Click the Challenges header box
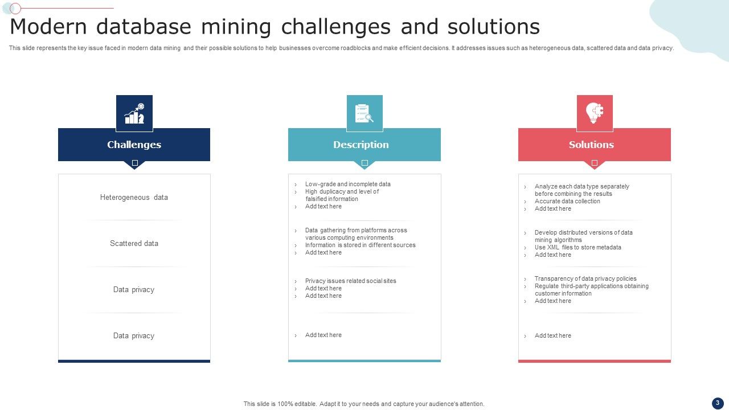(x=134, y=145)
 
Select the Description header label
(x=361, y=145)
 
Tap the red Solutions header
(x=591, y=145)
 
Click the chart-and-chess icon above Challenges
(x=134, y=113)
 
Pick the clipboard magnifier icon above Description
(x=364, y=113)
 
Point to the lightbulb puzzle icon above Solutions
(x=595, y=113)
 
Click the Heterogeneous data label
(x=134, y=198)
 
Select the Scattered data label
(x=134, y=244)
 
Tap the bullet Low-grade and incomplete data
(x=347, y=184)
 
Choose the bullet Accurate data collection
(x=567, y=202)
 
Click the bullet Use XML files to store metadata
(x=578, y=248)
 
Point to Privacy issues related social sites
(x=350, y=281)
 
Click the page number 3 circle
(x=718, y=403)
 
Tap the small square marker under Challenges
(x=135, y=163)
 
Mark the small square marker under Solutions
(x=595, y=163)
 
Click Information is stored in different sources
(x=360, y=245)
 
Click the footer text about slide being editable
(x=364, y=404)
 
